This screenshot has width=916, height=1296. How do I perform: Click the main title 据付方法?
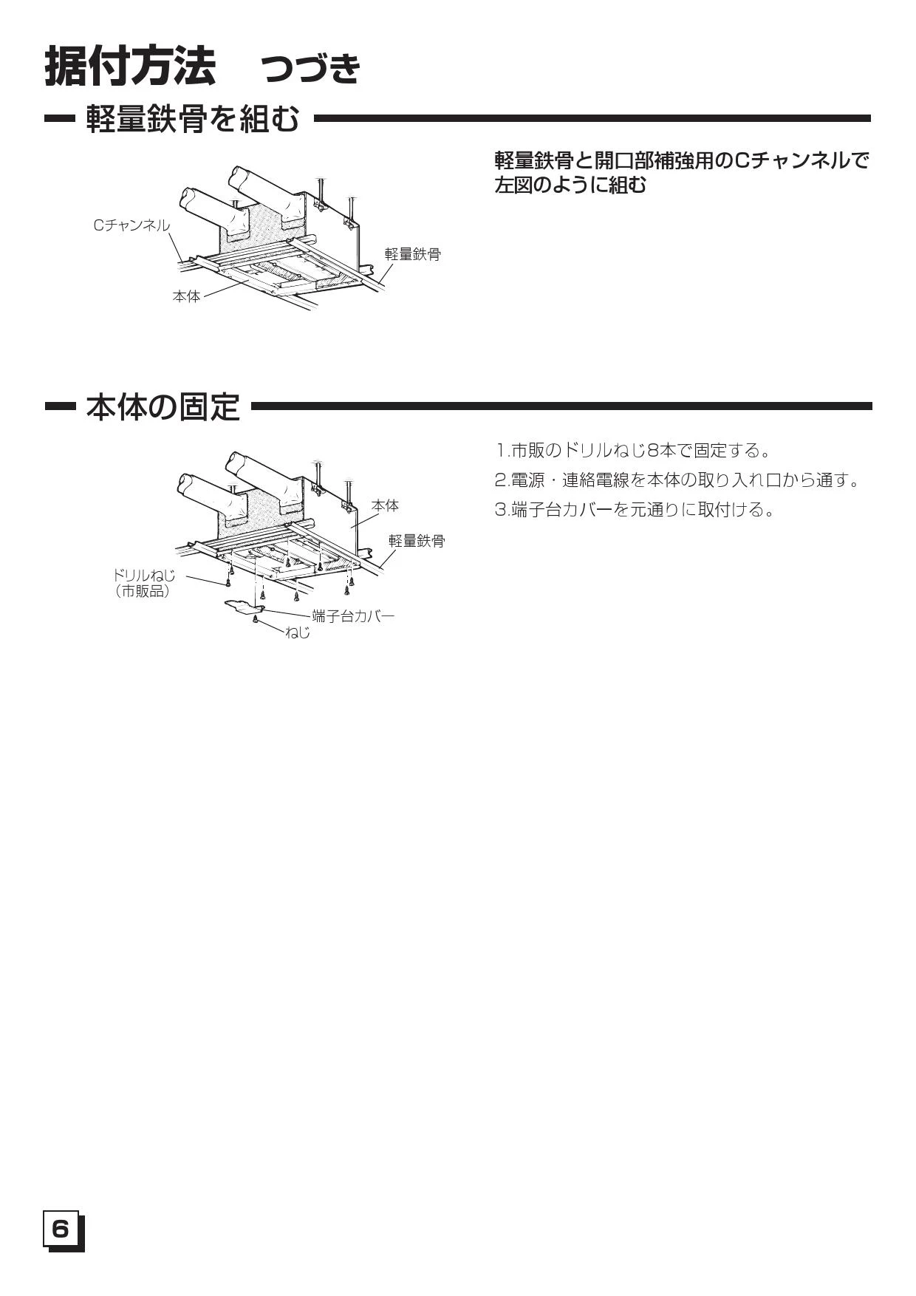[131, 66]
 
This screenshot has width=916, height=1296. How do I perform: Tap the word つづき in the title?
[311, 69]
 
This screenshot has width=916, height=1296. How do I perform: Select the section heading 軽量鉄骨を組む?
[193, 118]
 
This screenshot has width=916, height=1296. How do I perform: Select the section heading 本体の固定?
[163, 406]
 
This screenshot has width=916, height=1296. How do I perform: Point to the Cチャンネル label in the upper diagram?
[132, 225]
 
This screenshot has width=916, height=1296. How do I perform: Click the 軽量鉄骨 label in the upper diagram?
[412, 254]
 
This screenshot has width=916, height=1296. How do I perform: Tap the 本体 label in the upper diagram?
[186, 296]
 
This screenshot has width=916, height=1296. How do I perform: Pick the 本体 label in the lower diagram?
[385, 505]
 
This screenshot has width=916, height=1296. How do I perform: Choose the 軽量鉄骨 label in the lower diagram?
[417, 541]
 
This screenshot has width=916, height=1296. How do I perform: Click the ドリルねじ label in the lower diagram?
[144, 575]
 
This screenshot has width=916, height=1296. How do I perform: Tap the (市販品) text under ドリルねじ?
[143, 591]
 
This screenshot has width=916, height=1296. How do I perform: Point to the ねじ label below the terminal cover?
[298, 632]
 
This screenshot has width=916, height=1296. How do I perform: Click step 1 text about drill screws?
[633, 450]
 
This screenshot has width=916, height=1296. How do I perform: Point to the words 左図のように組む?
[570, 185]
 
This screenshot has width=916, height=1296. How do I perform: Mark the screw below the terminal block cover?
[256, 619]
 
